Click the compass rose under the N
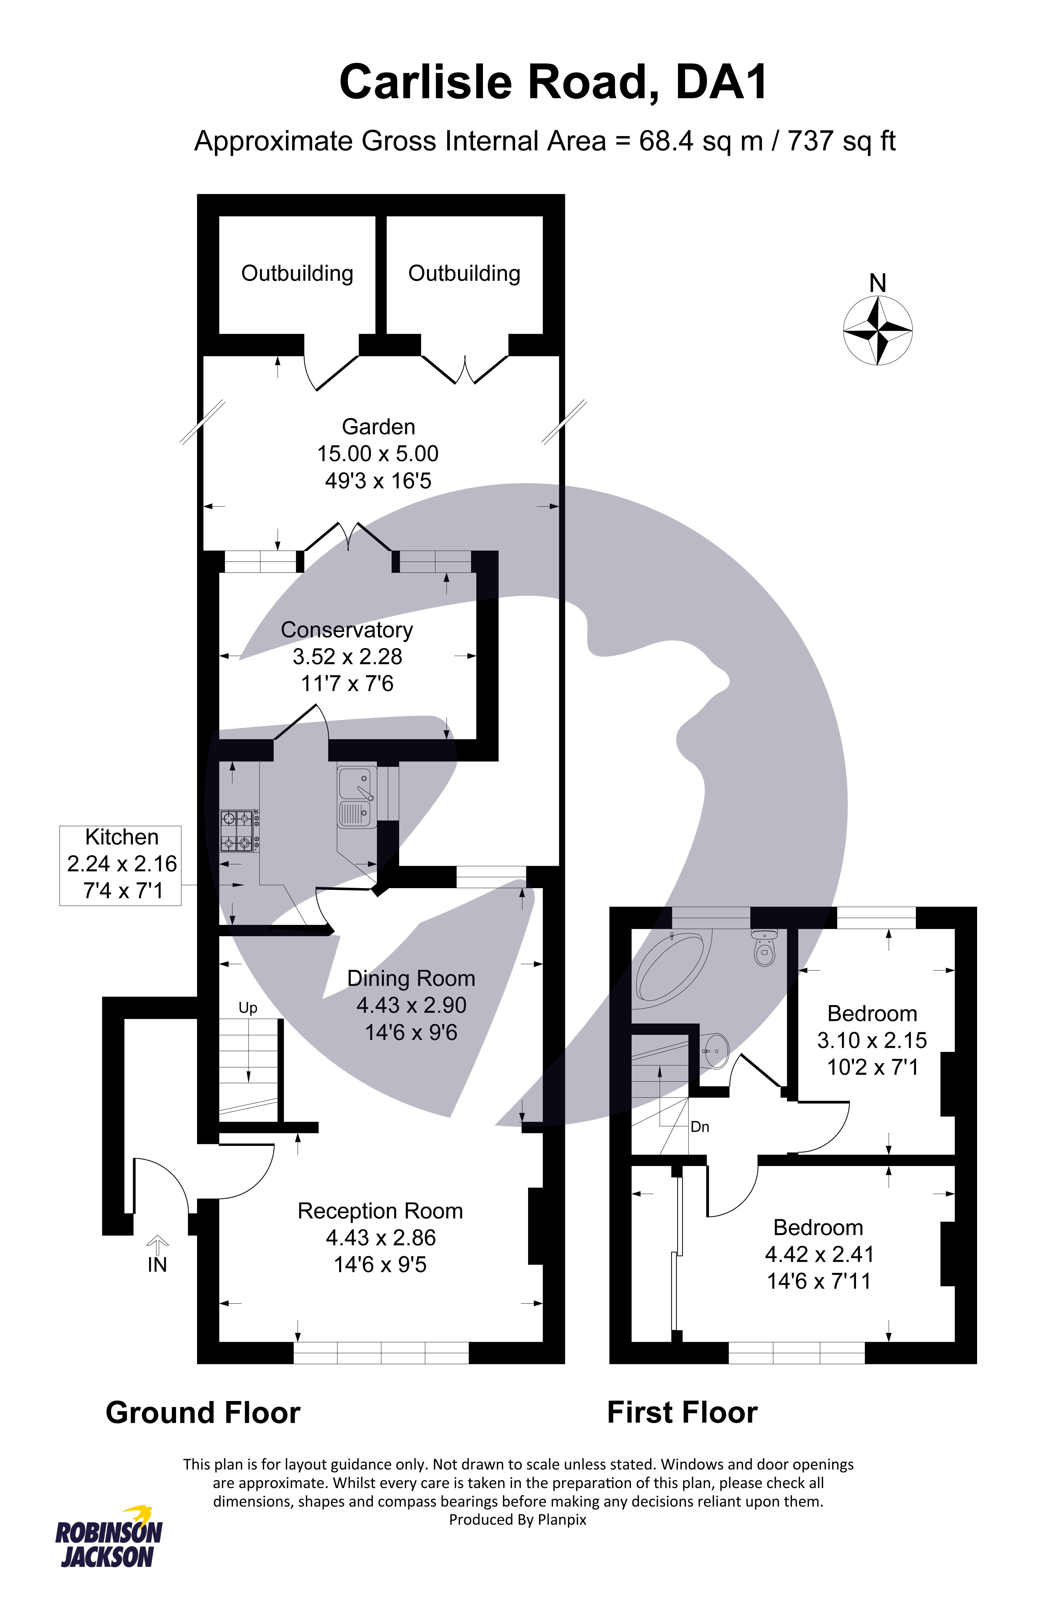(878, 331)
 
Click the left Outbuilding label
(297, 273)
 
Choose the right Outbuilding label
(464, 273)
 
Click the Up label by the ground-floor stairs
(248, 1009)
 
